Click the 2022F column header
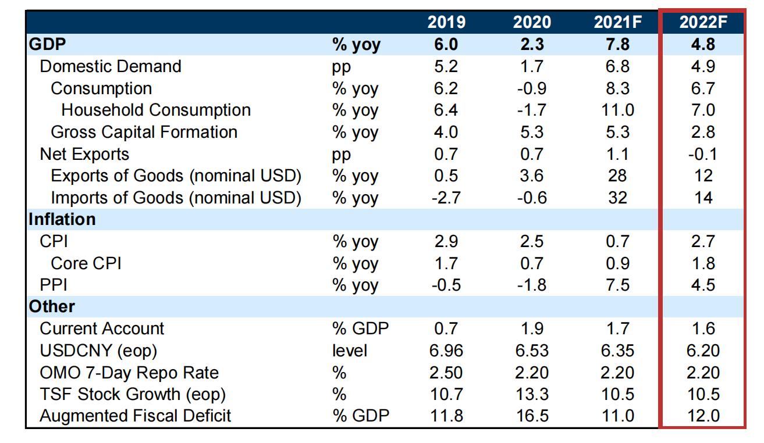pyautogui.click(x=703, y=23)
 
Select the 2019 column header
pyautogui.click(x=446, y=23)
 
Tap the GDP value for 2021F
pyautogui.click(x=617, y=45)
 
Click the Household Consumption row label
pyautogui.click(x=156, y=110)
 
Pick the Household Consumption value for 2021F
pyautogui.click(x=617, y=110)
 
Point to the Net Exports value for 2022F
pyautogui.click(x=703, y=154)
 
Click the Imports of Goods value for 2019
pyautogui.click(x=446, y=198)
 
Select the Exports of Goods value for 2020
pyautogui.click(x=532, y=176)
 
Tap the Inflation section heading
pyautogui.click(x=62, y=220)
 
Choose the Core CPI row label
pyautogui.click(x=86, y=263)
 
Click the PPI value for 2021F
pyautogui.click(x=617, y=285)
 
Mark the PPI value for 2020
pyautogui.click(x=532, y=285)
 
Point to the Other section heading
pyautogui.click(x=52, y=306)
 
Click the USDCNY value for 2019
pyautogui.click(x=446, y=351)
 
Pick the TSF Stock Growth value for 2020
pyautogui.click(x=532, y=394)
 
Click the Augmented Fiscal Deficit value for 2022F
pyautogui.click(x=703, y=416)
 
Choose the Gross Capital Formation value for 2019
pyautogui.click(x=446, y=132)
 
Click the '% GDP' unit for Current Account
pyautogui.click(x=360, y=328)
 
